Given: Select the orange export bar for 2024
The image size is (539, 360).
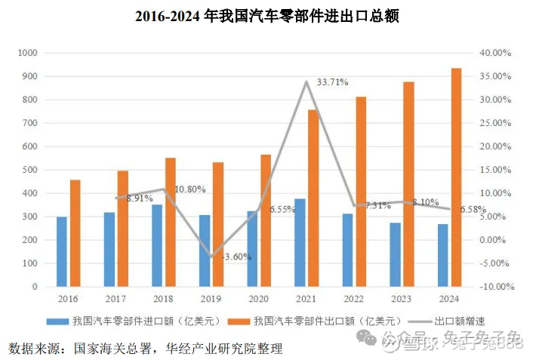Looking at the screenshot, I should [x=455, y=177].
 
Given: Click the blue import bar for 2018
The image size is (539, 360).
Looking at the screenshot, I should [x=157, y=245].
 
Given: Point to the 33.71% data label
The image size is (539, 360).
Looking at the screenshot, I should [x=332, y=82].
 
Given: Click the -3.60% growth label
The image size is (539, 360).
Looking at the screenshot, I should [x=236, y=257].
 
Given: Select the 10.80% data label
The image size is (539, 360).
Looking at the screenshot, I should [x=190, y=189].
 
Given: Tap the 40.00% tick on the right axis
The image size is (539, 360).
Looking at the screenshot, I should [x=497, y=53].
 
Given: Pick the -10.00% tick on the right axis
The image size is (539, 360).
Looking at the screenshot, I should [x=495, y=287].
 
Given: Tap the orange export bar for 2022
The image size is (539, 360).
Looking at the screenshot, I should [x=360, y=192].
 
